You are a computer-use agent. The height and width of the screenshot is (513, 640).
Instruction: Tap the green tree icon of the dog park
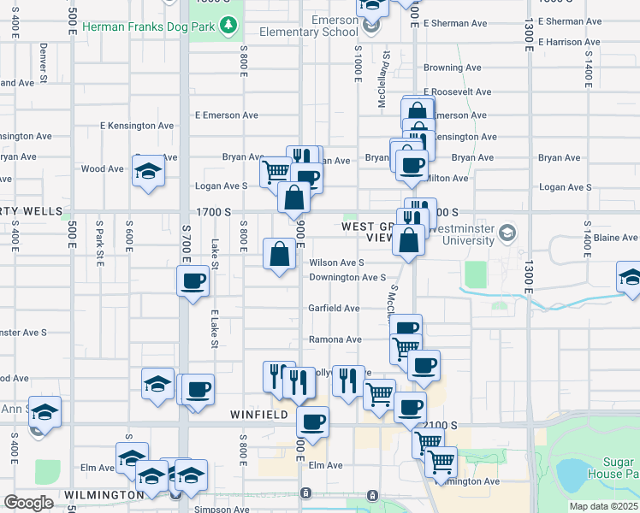[228, 25]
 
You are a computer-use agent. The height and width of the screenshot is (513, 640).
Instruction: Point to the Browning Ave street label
[453, 68]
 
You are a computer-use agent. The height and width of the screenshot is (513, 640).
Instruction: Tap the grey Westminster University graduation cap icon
[508, 232]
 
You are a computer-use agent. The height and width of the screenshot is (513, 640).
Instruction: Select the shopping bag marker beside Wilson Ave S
[280, 255]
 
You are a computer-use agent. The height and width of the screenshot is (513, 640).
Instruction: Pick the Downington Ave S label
[347, 277]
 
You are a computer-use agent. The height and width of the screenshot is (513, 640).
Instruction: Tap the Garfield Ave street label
[334, 308]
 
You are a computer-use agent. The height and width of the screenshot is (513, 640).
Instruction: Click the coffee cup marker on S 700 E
[193, 280]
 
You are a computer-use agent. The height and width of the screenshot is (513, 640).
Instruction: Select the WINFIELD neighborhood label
[259, 414]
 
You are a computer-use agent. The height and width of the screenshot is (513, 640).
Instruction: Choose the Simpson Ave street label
[216, 509]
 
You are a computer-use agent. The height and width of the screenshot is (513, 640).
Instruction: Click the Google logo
[28, 503]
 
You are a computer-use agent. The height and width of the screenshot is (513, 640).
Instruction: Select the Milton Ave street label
[448, 178]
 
